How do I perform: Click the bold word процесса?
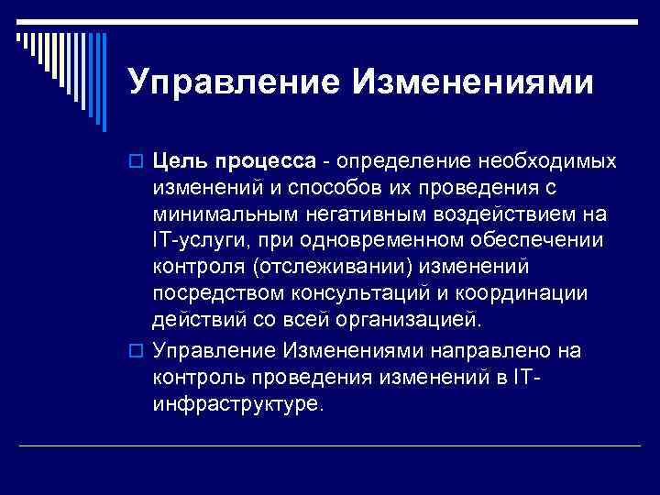coord(269,163)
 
